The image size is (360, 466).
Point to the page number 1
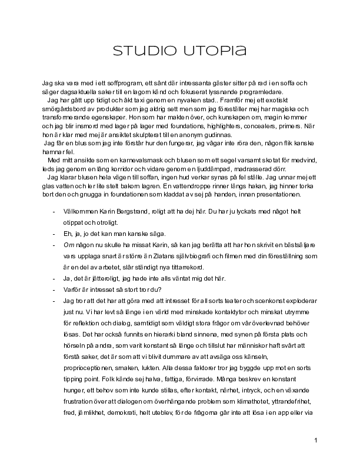(316, 440)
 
